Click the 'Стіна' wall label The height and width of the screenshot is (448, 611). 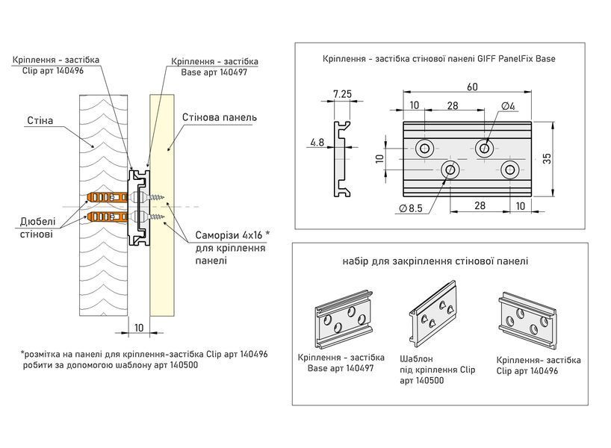tap(40, 120)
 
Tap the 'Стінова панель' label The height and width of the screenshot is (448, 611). tap(220, 117)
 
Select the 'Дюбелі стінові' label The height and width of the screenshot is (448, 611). tap(37, 228)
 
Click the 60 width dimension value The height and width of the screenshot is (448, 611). tap(472, 87)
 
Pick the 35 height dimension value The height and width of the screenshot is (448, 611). tap(547, 158)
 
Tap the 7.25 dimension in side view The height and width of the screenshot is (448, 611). tap(342, 94)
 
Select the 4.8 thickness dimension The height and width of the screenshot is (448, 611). tap(317, 142)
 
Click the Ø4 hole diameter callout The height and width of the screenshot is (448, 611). tap(508, 106)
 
